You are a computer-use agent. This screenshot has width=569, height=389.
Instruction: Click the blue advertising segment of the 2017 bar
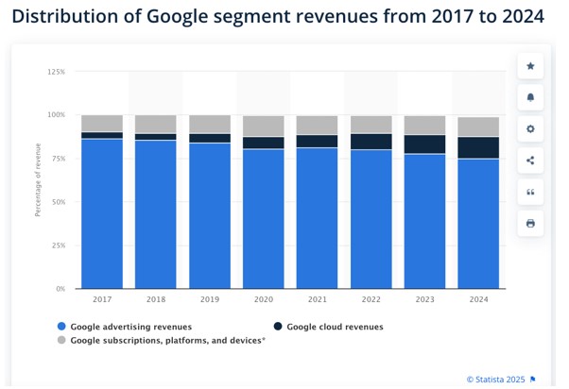(x=102, y=213)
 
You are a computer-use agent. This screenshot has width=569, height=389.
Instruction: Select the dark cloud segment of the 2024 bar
(x=478, y=147)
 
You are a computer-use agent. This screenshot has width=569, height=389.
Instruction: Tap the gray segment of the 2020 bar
(x=263, y=126)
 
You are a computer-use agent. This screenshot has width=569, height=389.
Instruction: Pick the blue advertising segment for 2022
(x=371, y=218)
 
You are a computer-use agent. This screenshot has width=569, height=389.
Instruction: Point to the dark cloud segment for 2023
(x=424, y=144)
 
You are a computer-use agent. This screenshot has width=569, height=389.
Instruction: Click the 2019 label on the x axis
(x=209, y=299)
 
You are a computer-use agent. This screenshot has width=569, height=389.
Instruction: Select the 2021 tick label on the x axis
(x=317, y=299)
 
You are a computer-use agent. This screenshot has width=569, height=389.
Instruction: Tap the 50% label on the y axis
(x=58, y=202)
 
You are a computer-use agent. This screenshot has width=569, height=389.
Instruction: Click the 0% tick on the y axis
(x=60, y=289)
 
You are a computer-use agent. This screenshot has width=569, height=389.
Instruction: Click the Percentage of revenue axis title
(x=39, y=180)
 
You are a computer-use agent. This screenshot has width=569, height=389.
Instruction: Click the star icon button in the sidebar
(x=530, y=66)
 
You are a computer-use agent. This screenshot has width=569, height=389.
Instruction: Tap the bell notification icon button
(x=530, y=97)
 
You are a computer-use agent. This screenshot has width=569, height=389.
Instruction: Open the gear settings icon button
(x=530, y=128)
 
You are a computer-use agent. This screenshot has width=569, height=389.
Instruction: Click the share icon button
(x=530, y=161)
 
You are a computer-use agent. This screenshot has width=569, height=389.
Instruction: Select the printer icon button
(x=530, y=223)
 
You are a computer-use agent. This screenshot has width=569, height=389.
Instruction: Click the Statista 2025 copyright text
(x=495, y=380)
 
